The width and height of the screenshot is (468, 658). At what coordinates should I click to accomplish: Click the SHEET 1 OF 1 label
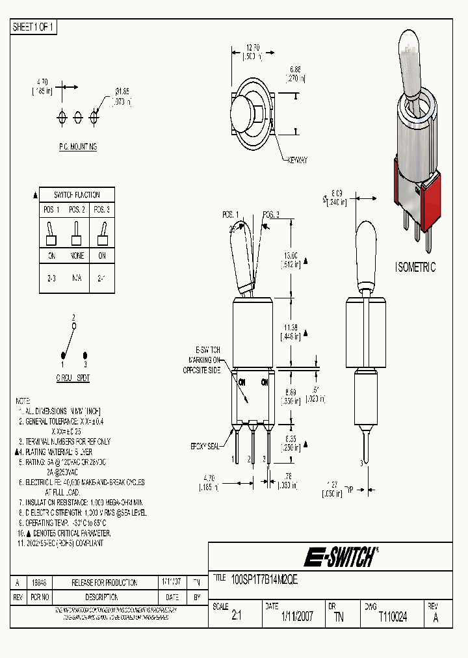tap(34, 27)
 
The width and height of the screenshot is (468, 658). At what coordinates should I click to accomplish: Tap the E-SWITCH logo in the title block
tap(341, 557)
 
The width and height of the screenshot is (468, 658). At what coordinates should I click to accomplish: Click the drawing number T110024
tap(392, 616)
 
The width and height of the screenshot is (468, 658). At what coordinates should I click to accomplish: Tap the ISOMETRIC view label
tap(415, 267)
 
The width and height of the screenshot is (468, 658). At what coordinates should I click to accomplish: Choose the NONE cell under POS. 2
tap(76, 256)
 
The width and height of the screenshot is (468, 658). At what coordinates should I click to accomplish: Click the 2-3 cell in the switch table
tap(51, 278)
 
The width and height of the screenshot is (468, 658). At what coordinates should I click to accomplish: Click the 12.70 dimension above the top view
tap(254, 47)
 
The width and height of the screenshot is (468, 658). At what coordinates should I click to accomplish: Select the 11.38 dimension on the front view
tap(291, 328)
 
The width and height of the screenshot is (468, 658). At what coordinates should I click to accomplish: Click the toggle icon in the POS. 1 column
tap(51, 232)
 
